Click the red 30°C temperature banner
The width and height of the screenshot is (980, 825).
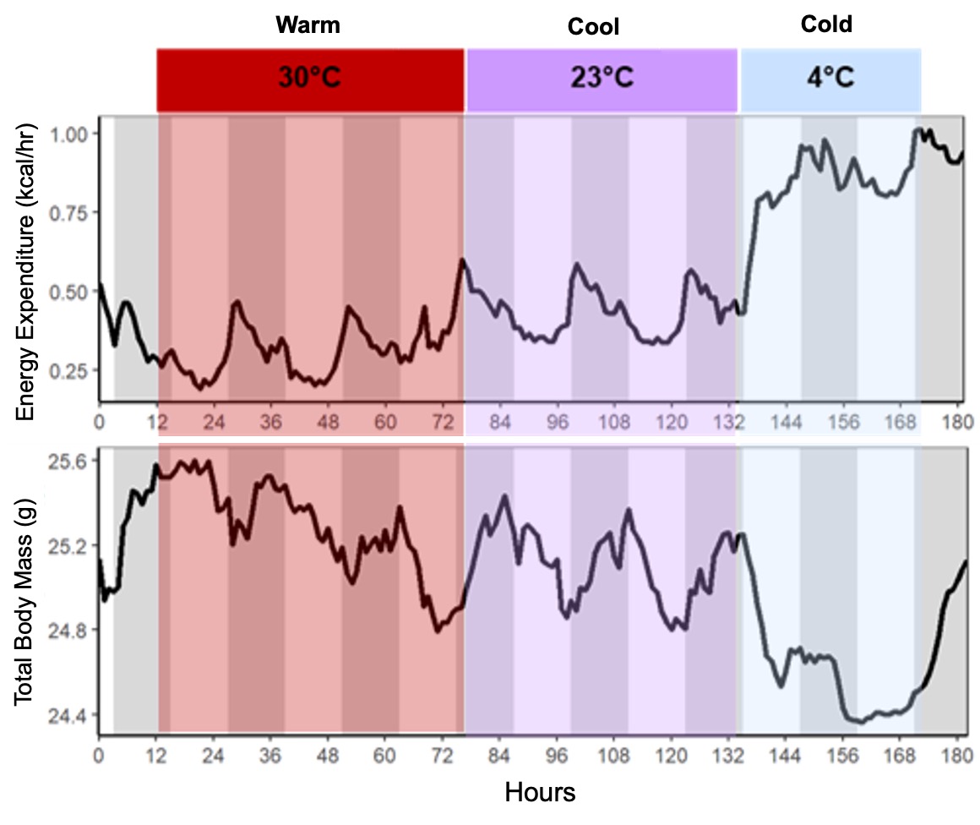310,79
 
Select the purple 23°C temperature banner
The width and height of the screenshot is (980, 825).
602,79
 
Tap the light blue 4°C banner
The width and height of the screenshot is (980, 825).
830,79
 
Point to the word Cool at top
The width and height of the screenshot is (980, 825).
593,28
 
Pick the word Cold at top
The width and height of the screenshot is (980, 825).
825,25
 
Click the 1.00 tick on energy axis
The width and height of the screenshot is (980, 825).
72,134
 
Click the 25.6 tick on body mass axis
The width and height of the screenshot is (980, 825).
72,461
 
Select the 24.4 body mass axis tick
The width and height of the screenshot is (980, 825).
72,715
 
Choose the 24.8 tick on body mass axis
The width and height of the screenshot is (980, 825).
72,631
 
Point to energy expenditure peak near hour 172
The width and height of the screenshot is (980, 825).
917,130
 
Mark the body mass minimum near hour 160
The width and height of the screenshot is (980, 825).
860,722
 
